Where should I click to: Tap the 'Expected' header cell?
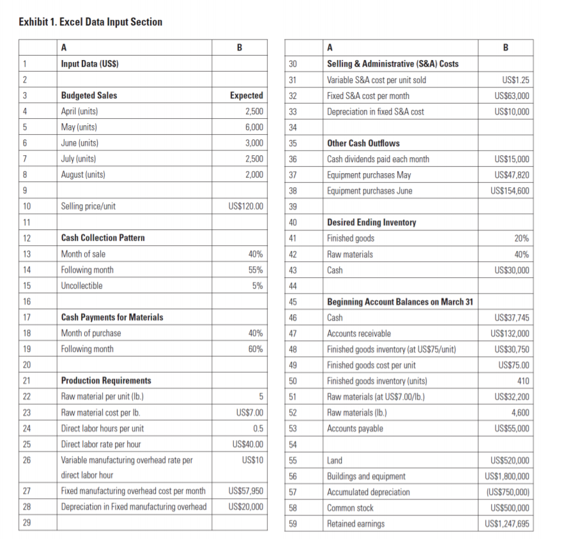click(x=246, y=96)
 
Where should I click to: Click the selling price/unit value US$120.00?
click(x=245, y=206)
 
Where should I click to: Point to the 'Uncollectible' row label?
click(x=82, y=285)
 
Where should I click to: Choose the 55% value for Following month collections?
click(x=255, y=270)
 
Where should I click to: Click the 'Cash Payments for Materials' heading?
click(x=112, y=317)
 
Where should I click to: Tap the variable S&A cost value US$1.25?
click(x=514, y=80)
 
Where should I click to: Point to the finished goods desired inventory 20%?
click(x=521, y=238)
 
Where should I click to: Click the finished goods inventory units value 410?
click(x=522, y=381)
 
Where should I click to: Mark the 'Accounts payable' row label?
click(x=354, y=428)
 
